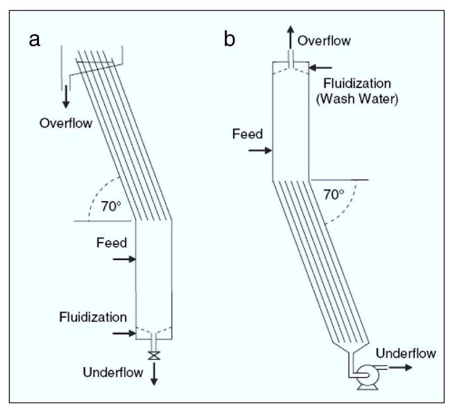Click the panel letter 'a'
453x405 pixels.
(x=34, y=40)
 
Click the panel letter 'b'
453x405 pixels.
(x=230, y=39)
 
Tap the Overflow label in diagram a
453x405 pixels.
(x=66, y=123)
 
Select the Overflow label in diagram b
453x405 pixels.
(x=324, y=40)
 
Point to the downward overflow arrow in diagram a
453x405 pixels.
(x=66, y=96)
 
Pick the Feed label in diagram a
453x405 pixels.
(x=112, y=242)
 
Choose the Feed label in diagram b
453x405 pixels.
(x=248, y=134)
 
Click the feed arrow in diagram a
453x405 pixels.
(x=124, y=259)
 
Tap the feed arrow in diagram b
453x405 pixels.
(x=260, y=150)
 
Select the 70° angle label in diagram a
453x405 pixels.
(x=111, y=206)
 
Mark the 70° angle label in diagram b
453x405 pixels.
(x=334, y=195)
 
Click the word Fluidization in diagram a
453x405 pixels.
(x=93, y=317)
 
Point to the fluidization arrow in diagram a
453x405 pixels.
(x=124, y=333)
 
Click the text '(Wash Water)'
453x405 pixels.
(x=357, y=99)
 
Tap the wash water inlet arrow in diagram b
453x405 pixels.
(x=321, y=68)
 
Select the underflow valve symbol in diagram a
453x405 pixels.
(x=154, y=355)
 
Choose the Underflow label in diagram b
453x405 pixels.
(x=406, y=353)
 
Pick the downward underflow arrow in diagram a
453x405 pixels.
(x=154, y=373)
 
